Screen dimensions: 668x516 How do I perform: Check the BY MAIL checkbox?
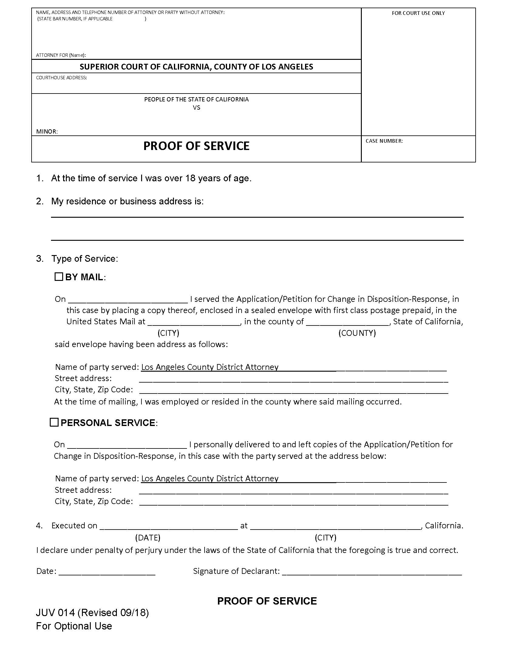pyautogui.click(x=58, y=277)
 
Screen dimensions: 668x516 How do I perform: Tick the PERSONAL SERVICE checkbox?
pyautogui.click(x=54, y=422)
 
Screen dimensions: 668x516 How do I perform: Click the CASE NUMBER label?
pyautogui.click(x=384, y=141)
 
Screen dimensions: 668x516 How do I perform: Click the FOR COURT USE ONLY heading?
pyautogui.click(x=418, y=13)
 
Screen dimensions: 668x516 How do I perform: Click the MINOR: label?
pyautogui.click(x=47, y=131)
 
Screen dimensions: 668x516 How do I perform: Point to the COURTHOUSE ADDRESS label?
pyautogui.click(x=61, y=78)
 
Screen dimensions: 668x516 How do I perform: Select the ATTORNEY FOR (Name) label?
pyautogui.click(x=61, y=55)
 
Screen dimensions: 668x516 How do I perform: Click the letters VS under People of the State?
pyautogui.click(x=196, y=108)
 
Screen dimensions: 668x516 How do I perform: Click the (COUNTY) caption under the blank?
pyautogui.click(x=357, y=333)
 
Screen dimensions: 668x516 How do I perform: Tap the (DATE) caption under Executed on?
pyautogui.click(x=148, y=537)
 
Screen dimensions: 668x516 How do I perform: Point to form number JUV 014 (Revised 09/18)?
pyautogui.click(x=92, y=613)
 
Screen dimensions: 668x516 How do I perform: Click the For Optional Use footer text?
pyautogui.click(x=74, y=626)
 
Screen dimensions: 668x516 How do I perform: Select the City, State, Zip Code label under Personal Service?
pyautogui.click(x=93, y=501)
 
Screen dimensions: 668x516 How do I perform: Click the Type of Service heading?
pyautogui.click(x=84, y=259)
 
